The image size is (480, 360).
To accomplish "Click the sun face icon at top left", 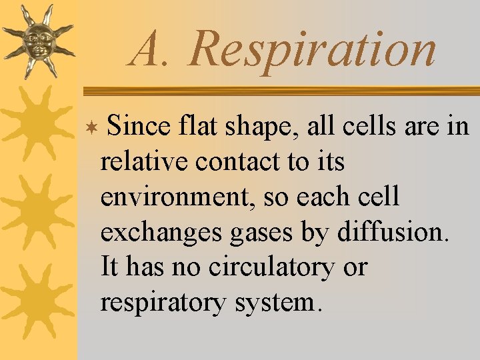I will [x=37, y=40].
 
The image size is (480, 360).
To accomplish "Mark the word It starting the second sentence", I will [x=109, y=267].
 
